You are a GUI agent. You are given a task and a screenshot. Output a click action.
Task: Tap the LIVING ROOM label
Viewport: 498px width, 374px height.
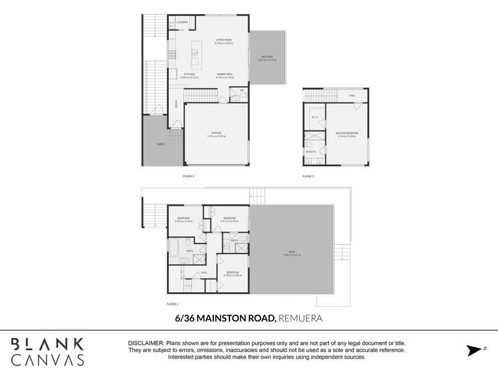pos(223,40)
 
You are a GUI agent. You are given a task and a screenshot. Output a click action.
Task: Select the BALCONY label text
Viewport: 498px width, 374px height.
pos(266,57)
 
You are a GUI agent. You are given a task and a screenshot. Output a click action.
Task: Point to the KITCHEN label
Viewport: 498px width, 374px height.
pos(180,74)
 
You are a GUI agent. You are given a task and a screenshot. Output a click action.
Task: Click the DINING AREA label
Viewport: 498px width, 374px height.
pos(224,74)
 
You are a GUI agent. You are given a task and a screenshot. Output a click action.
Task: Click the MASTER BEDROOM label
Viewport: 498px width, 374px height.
pos(347,133)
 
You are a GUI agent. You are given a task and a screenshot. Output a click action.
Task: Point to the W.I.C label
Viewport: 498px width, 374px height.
pos(315,118)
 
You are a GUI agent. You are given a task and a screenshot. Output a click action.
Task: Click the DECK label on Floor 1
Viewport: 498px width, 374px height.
pos(292,252)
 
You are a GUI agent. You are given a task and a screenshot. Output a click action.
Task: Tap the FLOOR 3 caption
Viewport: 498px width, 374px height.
pos(308,176)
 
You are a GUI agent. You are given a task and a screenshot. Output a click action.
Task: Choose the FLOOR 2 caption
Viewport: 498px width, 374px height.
pos(188,176)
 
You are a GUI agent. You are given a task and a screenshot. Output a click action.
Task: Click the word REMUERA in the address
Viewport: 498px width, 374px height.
pos(301,319)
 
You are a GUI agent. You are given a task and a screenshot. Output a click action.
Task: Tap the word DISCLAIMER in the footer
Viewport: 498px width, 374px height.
pos(145,343)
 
